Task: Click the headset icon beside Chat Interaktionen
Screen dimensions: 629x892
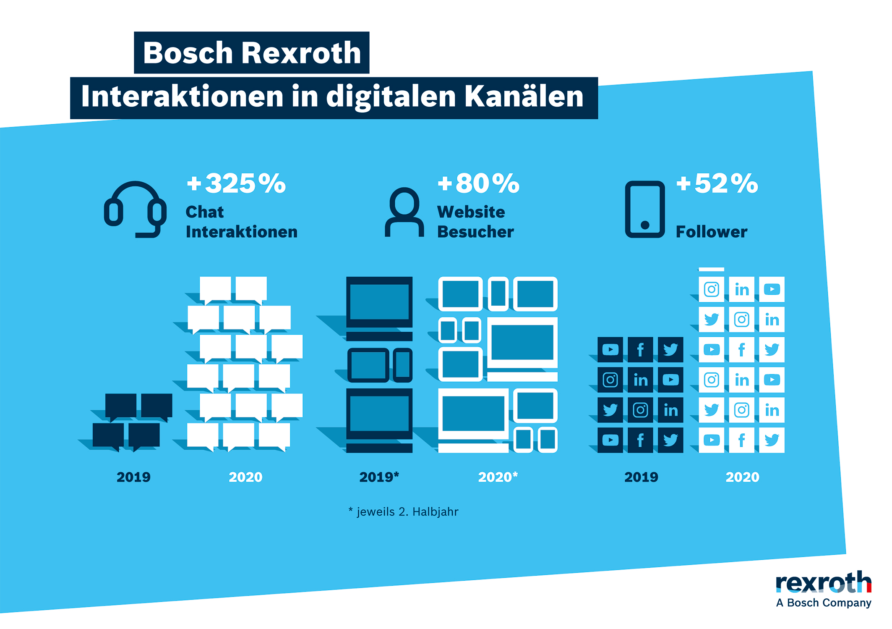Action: [x=135, y=209]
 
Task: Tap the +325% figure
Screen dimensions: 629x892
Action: [x=236, y=183]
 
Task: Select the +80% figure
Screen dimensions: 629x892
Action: [x=478, y=183]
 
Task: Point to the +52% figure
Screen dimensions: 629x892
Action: [x=717, y=183]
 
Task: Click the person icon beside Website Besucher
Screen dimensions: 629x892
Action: [x=404, y=212]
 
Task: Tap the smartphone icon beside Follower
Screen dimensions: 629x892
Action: [x=644, y=209]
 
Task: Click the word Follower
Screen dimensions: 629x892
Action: [x=711, y=232]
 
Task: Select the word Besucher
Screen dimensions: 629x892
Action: [x=475, y=232]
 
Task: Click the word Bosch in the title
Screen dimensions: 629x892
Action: [x=188, y=53]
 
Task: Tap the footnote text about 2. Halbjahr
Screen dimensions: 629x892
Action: [x=404, y=511]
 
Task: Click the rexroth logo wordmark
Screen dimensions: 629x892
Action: [x=823, y=582]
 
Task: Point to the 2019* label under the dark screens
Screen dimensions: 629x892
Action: [x=379, y=477]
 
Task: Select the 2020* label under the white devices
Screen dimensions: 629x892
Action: [x=498, y=477]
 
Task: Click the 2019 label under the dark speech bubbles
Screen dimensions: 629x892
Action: [x=133, y=477]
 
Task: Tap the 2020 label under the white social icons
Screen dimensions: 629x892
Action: [x=742, y=477]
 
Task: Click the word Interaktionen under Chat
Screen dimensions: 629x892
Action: [x=242, y=232]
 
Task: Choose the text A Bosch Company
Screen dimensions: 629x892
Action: [x=823, y=603]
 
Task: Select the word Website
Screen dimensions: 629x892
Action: [x=471, y=212]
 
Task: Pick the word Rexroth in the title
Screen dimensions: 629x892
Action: [x=301, y=53]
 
